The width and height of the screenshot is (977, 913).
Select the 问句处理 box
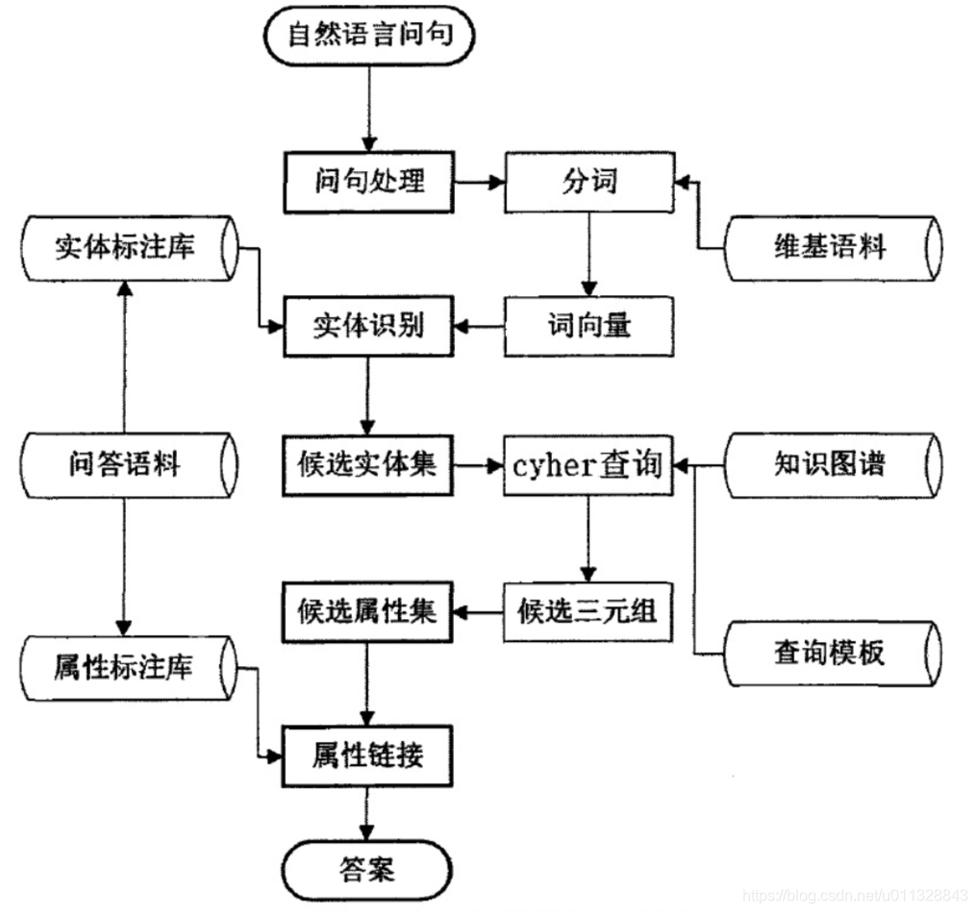click(368, 182)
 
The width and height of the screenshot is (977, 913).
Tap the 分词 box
click(589, 182)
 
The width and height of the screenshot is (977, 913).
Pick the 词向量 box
click(589, 326)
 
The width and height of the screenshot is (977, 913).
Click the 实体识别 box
click(368, 326)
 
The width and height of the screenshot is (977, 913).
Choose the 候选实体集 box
click(368, 465)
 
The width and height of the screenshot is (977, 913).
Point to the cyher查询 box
click(589, 466)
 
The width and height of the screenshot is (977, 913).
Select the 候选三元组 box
click(589, 610)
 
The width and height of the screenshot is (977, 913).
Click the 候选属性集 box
click(368, 610)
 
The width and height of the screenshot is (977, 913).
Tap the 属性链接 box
click(368, 756)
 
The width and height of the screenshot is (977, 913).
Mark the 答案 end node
click(368, 870)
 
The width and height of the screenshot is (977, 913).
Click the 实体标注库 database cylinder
click(125, 248)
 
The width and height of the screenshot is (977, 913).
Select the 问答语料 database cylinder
click(125, 465)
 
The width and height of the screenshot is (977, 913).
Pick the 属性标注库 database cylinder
click(125, 666)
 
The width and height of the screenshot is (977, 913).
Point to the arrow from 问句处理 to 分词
click(478, 182)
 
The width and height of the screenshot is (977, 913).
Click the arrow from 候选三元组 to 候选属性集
click(478, 610)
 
